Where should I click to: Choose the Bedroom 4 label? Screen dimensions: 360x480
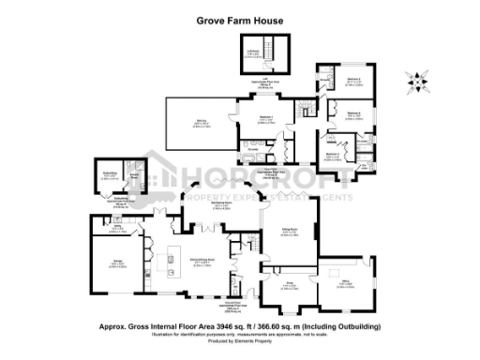pos(353,113)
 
